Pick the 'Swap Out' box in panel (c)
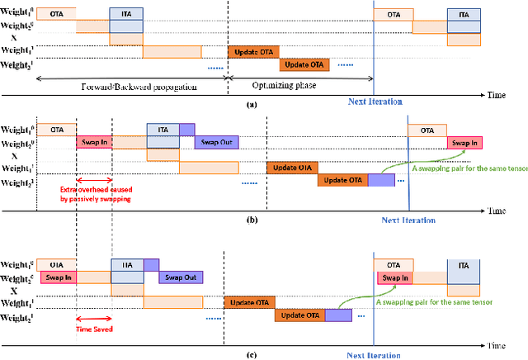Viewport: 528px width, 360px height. [x=181, y=277]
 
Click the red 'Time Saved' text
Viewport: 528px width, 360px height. [x=95, y=328]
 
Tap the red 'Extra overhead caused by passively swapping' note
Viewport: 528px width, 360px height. [x=95, y=196]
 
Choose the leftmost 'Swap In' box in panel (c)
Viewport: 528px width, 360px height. [x=59, y=277]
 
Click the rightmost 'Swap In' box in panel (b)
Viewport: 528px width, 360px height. [x=464, y=142]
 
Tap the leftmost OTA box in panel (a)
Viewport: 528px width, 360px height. [x=56, y=14]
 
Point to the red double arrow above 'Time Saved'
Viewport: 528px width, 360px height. [x=94, y=317]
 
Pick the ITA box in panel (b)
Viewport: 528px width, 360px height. [x=163, y=130]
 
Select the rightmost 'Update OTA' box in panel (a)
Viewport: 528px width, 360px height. [x=304, y=64]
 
